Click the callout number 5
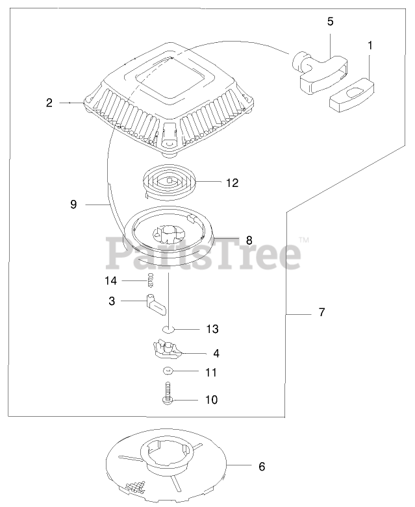(330, 21)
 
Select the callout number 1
(370, 45)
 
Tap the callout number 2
(49, 103)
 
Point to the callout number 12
(233, 183)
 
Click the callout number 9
(73, 204)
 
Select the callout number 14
(111, 280)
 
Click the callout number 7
(322, 312)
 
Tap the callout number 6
(262, 466)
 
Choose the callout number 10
(211, 400)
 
